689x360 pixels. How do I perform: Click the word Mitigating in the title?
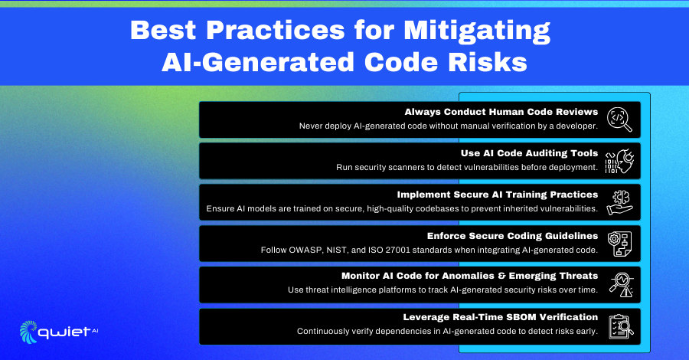(x=477, y=31)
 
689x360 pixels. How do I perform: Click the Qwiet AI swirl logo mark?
(x=28, y=332)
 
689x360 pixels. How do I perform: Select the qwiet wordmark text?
(x=64, y=332)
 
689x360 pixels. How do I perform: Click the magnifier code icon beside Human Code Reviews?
(x=619, y=119)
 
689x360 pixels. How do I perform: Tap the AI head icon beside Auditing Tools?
(x=619, y=161)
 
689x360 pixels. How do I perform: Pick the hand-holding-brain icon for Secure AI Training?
(x=619, y=202)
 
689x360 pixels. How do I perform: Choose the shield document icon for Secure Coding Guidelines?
(x=619, y=244)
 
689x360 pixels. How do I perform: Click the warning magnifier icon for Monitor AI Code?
(x=621, y=284)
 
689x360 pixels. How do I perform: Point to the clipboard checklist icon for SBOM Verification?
(x=620, y=326)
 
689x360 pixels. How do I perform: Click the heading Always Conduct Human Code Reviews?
(x=501, y=112)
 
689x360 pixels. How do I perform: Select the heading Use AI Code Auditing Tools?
(x=530, y=153)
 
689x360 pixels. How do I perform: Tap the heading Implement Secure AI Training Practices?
(x=498, y=195)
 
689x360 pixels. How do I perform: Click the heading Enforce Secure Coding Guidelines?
(x=512, y=236)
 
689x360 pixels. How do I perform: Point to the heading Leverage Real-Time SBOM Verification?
(x=501, y=317)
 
